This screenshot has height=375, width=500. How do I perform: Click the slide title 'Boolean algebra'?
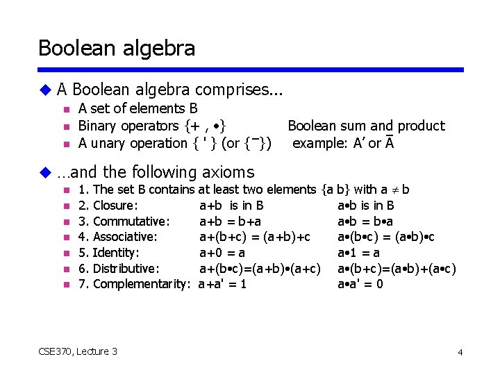point(117,48)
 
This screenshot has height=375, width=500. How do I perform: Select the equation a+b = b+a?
point(231,222)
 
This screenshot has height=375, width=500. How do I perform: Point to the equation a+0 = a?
point(222,253)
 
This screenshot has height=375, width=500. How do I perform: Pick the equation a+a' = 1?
point(222,284)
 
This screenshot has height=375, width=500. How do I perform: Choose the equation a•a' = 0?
point(360,284)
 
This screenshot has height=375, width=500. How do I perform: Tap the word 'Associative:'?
point(125,237)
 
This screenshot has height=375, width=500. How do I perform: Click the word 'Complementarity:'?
point(142,284)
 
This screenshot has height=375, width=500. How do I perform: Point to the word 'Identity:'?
point(116,253)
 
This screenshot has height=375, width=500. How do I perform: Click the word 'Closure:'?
point(115,206)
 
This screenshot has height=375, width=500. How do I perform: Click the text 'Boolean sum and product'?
point(366,126)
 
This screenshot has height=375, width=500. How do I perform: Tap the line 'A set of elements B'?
point(137,108)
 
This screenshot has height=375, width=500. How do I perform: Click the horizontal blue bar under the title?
point(251,69)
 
